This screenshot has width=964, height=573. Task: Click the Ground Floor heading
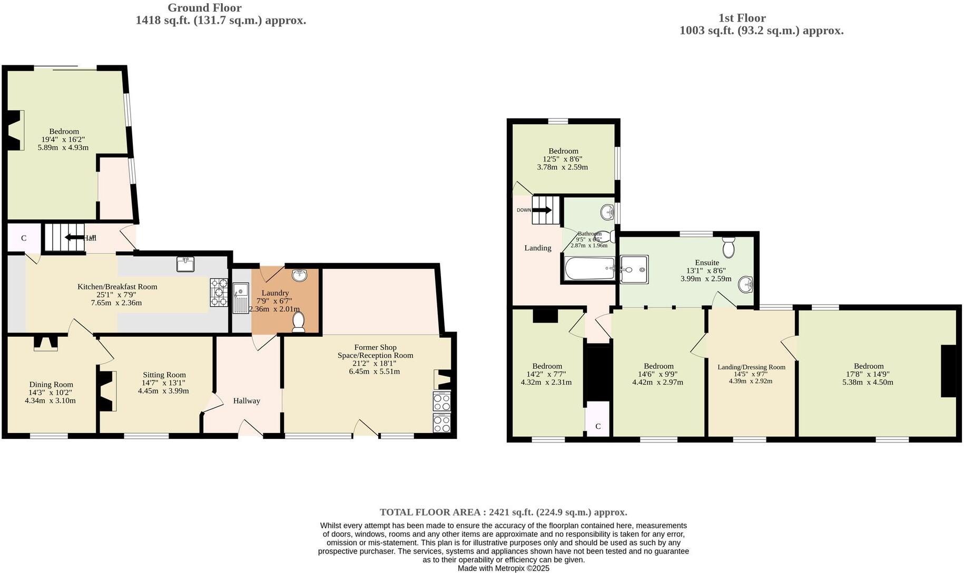[x=204, y=8]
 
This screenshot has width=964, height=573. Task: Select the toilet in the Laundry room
[x=298, y=322]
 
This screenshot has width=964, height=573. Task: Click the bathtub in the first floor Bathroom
[x=589, y=269]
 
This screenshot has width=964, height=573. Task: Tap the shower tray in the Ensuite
[x=634, y=269]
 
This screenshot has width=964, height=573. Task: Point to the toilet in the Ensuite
[x=729, y=247]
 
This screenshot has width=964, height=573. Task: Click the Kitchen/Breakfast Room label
[x=117, y=287]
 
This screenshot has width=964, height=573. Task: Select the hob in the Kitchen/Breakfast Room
[x=219, y=292]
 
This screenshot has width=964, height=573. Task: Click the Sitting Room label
[x=164, y=375]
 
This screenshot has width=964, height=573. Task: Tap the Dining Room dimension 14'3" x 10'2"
[x=50, y=393]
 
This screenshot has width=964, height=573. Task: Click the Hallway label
[x=247, y=401]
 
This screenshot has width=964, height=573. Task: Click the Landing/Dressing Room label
[x=751, y=367]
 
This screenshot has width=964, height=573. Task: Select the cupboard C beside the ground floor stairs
[x=24, y=238]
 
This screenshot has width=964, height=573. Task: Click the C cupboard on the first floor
[x=598, y=426]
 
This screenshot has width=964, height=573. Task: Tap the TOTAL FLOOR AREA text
[x=503, y=512]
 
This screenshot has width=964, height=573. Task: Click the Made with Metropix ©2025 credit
[x=503, y=568]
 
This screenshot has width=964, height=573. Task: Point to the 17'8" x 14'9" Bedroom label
[x=868, y=366]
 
